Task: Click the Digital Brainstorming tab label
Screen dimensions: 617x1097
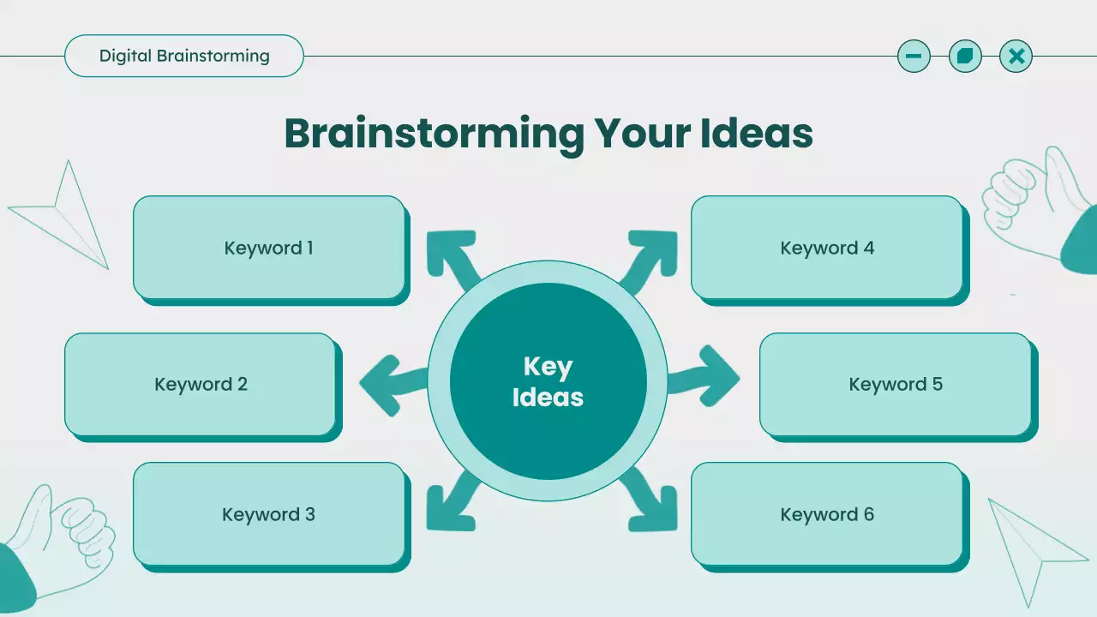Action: [x=184, y=57]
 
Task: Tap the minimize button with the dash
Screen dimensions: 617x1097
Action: [x=914, y=57]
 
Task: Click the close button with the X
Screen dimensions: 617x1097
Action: [x=1016, y=57]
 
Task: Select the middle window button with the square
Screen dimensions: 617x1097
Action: [x=965, y=57]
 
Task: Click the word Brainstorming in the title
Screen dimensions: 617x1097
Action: [x=434, y=134]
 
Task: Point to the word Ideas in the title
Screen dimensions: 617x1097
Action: [x=756, y=134]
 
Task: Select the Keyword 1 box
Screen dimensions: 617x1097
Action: [x=268, y=248]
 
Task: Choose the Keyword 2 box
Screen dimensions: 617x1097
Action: [x=201, y=384]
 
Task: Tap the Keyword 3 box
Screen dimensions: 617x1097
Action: [x=268, y=514]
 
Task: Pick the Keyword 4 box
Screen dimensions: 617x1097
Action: [x=827, y=248]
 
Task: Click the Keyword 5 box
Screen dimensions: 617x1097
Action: [x=896, y=384]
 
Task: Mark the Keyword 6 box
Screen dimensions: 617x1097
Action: [x=827, y=514]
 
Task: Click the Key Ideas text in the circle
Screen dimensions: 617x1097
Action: [x=548, y=382]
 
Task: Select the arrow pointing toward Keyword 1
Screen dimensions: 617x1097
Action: [x=452, y=258]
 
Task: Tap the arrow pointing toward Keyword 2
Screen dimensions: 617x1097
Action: [x=390, y=381]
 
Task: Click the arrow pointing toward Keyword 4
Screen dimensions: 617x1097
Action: [x=651, y=258]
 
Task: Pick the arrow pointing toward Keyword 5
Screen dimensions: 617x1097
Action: [x=707, y=377]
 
